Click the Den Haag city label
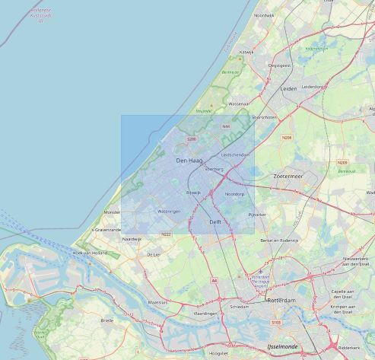(189, 161)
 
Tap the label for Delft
(215, 221)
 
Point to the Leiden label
(289, 89)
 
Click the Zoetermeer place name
(288, 176)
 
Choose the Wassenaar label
(238, 104)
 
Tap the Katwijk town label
(246, 52)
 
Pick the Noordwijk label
(264, 15)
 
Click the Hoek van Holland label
(87, 252)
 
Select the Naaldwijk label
(132, 239)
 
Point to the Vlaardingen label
(205, 313)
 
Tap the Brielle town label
(107, 320)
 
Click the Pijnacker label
(258, 215)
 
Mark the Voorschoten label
(264, 117)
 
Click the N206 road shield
(287, 138)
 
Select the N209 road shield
(343, 163)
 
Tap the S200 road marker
(191, 139)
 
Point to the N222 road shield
(167, 234)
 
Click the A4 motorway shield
(215, 280)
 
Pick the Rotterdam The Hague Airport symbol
(261, 272)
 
